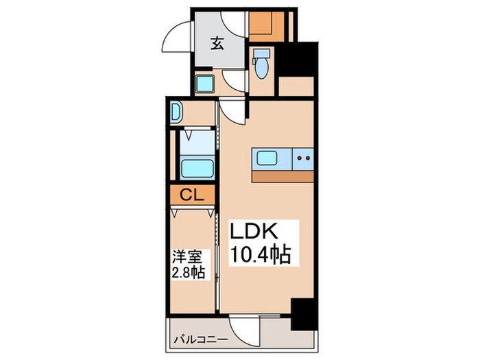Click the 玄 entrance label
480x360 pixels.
click(217, 43)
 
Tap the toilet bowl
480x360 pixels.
click(261, 68)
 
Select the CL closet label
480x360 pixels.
click(191, 194)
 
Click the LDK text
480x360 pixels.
click(254, 232)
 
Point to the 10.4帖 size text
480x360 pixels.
click(260, 254)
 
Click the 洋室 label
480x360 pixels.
click(187, 256)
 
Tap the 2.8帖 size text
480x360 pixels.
click(188, 272)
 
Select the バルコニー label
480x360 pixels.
click(201, 340)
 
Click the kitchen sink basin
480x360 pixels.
click(267, 158)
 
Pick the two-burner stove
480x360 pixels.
click(303, 158)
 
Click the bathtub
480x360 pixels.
click(197, 169)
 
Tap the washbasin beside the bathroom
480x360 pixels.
click(176, 112)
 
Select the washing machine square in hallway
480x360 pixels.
click(205, 83)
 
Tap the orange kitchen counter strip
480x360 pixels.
click(283, 177)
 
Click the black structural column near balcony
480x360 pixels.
click(304, 314)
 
